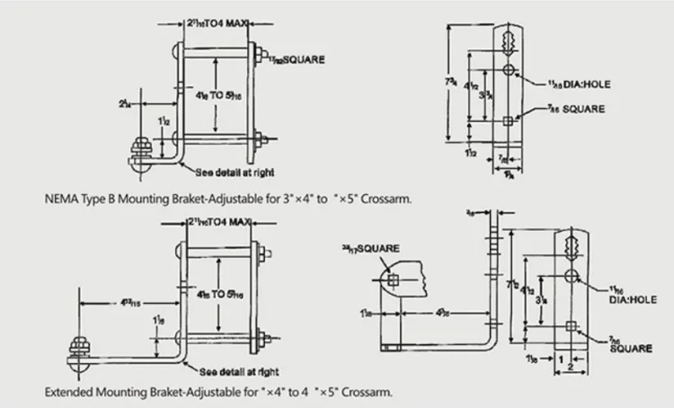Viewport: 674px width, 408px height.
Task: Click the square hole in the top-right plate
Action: (x=508, y=120)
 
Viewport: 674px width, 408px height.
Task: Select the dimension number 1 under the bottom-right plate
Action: (x=561, y=358)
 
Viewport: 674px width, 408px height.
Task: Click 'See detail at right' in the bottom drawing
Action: (x=236, y=369)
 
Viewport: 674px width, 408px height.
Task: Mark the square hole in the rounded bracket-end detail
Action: (x=393, y=280)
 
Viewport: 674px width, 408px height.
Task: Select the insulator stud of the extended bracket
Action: (x=79, y=346)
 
